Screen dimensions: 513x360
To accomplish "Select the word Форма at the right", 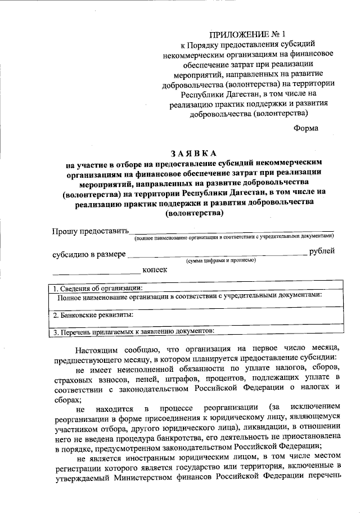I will pos(306,128).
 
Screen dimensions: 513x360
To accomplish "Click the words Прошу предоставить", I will pos(91,231).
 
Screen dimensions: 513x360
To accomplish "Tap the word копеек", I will pos(155,270).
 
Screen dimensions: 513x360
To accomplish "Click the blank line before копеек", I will pos(96,274).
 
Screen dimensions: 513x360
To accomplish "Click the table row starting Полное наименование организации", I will pos(189,296).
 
